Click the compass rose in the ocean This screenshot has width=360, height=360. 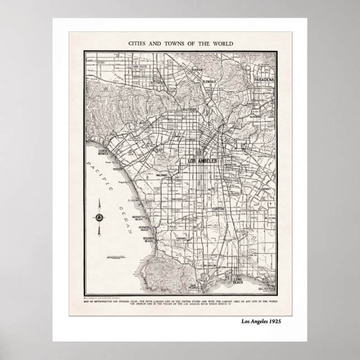100,218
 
